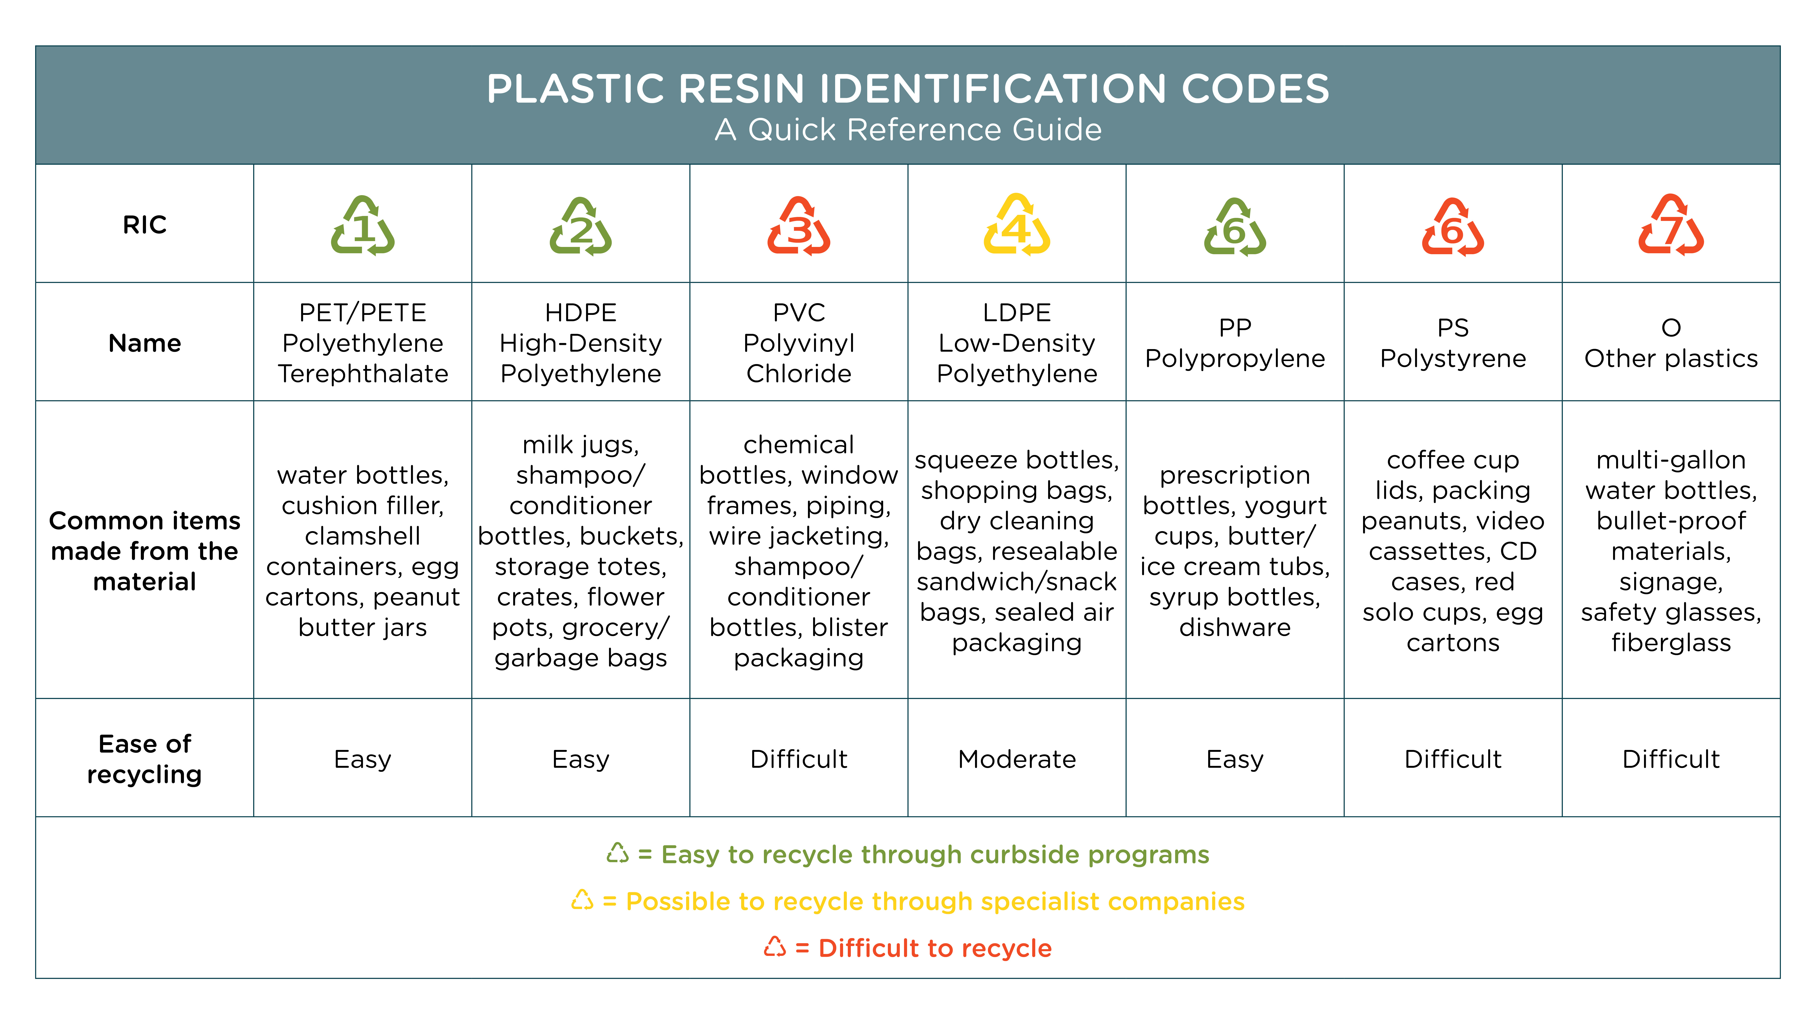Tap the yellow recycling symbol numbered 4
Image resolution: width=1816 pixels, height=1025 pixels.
click(1016, 224)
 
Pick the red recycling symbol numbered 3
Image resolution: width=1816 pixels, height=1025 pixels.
click(799, 226)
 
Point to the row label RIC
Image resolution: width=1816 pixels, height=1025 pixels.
click(145, 225)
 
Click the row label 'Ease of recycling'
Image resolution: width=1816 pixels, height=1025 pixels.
click(145, 759)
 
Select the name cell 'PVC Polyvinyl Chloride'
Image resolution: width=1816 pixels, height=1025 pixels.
click(799, 343)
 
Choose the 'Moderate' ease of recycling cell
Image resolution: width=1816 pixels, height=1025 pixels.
click(1016, 759)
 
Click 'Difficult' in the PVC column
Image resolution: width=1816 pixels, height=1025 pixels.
click(799, 759)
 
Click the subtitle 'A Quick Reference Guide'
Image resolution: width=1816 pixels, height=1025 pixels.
click(908, 130)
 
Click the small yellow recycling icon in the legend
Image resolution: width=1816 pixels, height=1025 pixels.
click(582, 900)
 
